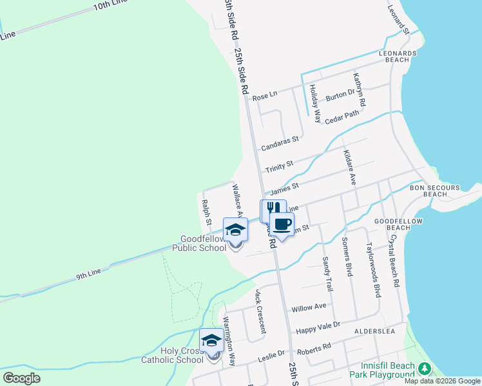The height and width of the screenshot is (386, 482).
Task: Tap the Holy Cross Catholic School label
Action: point(172,356)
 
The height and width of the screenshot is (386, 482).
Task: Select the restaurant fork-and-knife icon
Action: point(273,209)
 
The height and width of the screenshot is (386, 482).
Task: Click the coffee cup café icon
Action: point(282,223)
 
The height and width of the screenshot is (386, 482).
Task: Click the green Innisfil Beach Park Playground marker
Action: point(424,369)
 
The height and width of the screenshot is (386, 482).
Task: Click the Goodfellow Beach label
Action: point(392,224)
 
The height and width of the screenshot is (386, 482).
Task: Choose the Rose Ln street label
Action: point(264,96)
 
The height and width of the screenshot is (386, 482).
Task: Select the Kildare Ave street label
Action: point(349,167)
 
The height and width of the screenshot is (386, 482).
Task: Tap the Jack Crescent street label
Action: point(260,311)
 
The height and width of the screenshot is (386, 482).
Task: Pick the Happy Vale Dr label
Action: point(317,329)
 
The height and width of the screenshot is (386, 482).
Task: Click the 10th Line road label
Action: point(110,6)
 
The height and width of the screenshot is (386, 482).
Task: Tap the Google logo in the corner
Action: point(21,378)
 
